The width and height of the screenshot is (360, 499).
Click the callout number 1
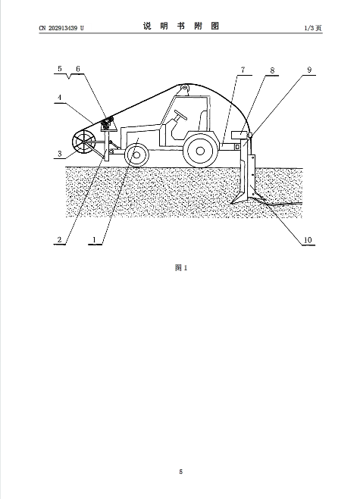click(94, 239)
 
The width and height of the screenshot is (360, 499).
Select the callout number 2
click(60, 239)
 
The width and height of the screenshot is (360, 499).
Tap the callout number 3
click(60, 154)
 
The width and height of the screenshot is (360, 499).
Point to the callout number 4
click(60, 98)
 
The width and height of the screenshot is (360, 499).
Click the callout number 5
click(60, 69)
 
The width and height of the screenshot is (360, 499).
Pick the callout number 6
click(78, 69)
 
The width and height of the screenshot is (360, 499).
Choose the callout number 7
click(243, 70)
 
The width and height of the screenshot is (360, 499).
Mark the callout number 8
click(272, 70)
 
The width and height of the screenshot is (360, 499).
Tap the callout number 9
click(309, 70)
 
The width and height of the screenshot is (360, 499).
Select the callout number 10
click(308, 240)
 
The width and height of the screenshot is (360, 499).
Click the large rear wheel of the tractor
click(200, 151)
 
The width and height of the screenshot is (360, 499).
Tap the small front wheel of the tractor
click(136, 155)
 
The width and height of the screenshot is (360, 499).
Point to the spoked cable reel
click(84, 142)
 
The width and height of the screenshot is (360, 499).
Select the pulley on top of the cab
click(185, 89)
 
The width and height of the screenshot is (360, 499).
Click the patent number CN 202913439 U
click(61, 28)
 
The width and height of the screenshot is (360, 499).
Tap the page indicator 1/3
click(309, 28)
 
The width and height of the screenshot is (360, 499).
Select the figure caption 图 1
click(181, 268)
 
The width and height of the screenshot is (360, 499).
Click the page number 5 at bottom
click(181, 472)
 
